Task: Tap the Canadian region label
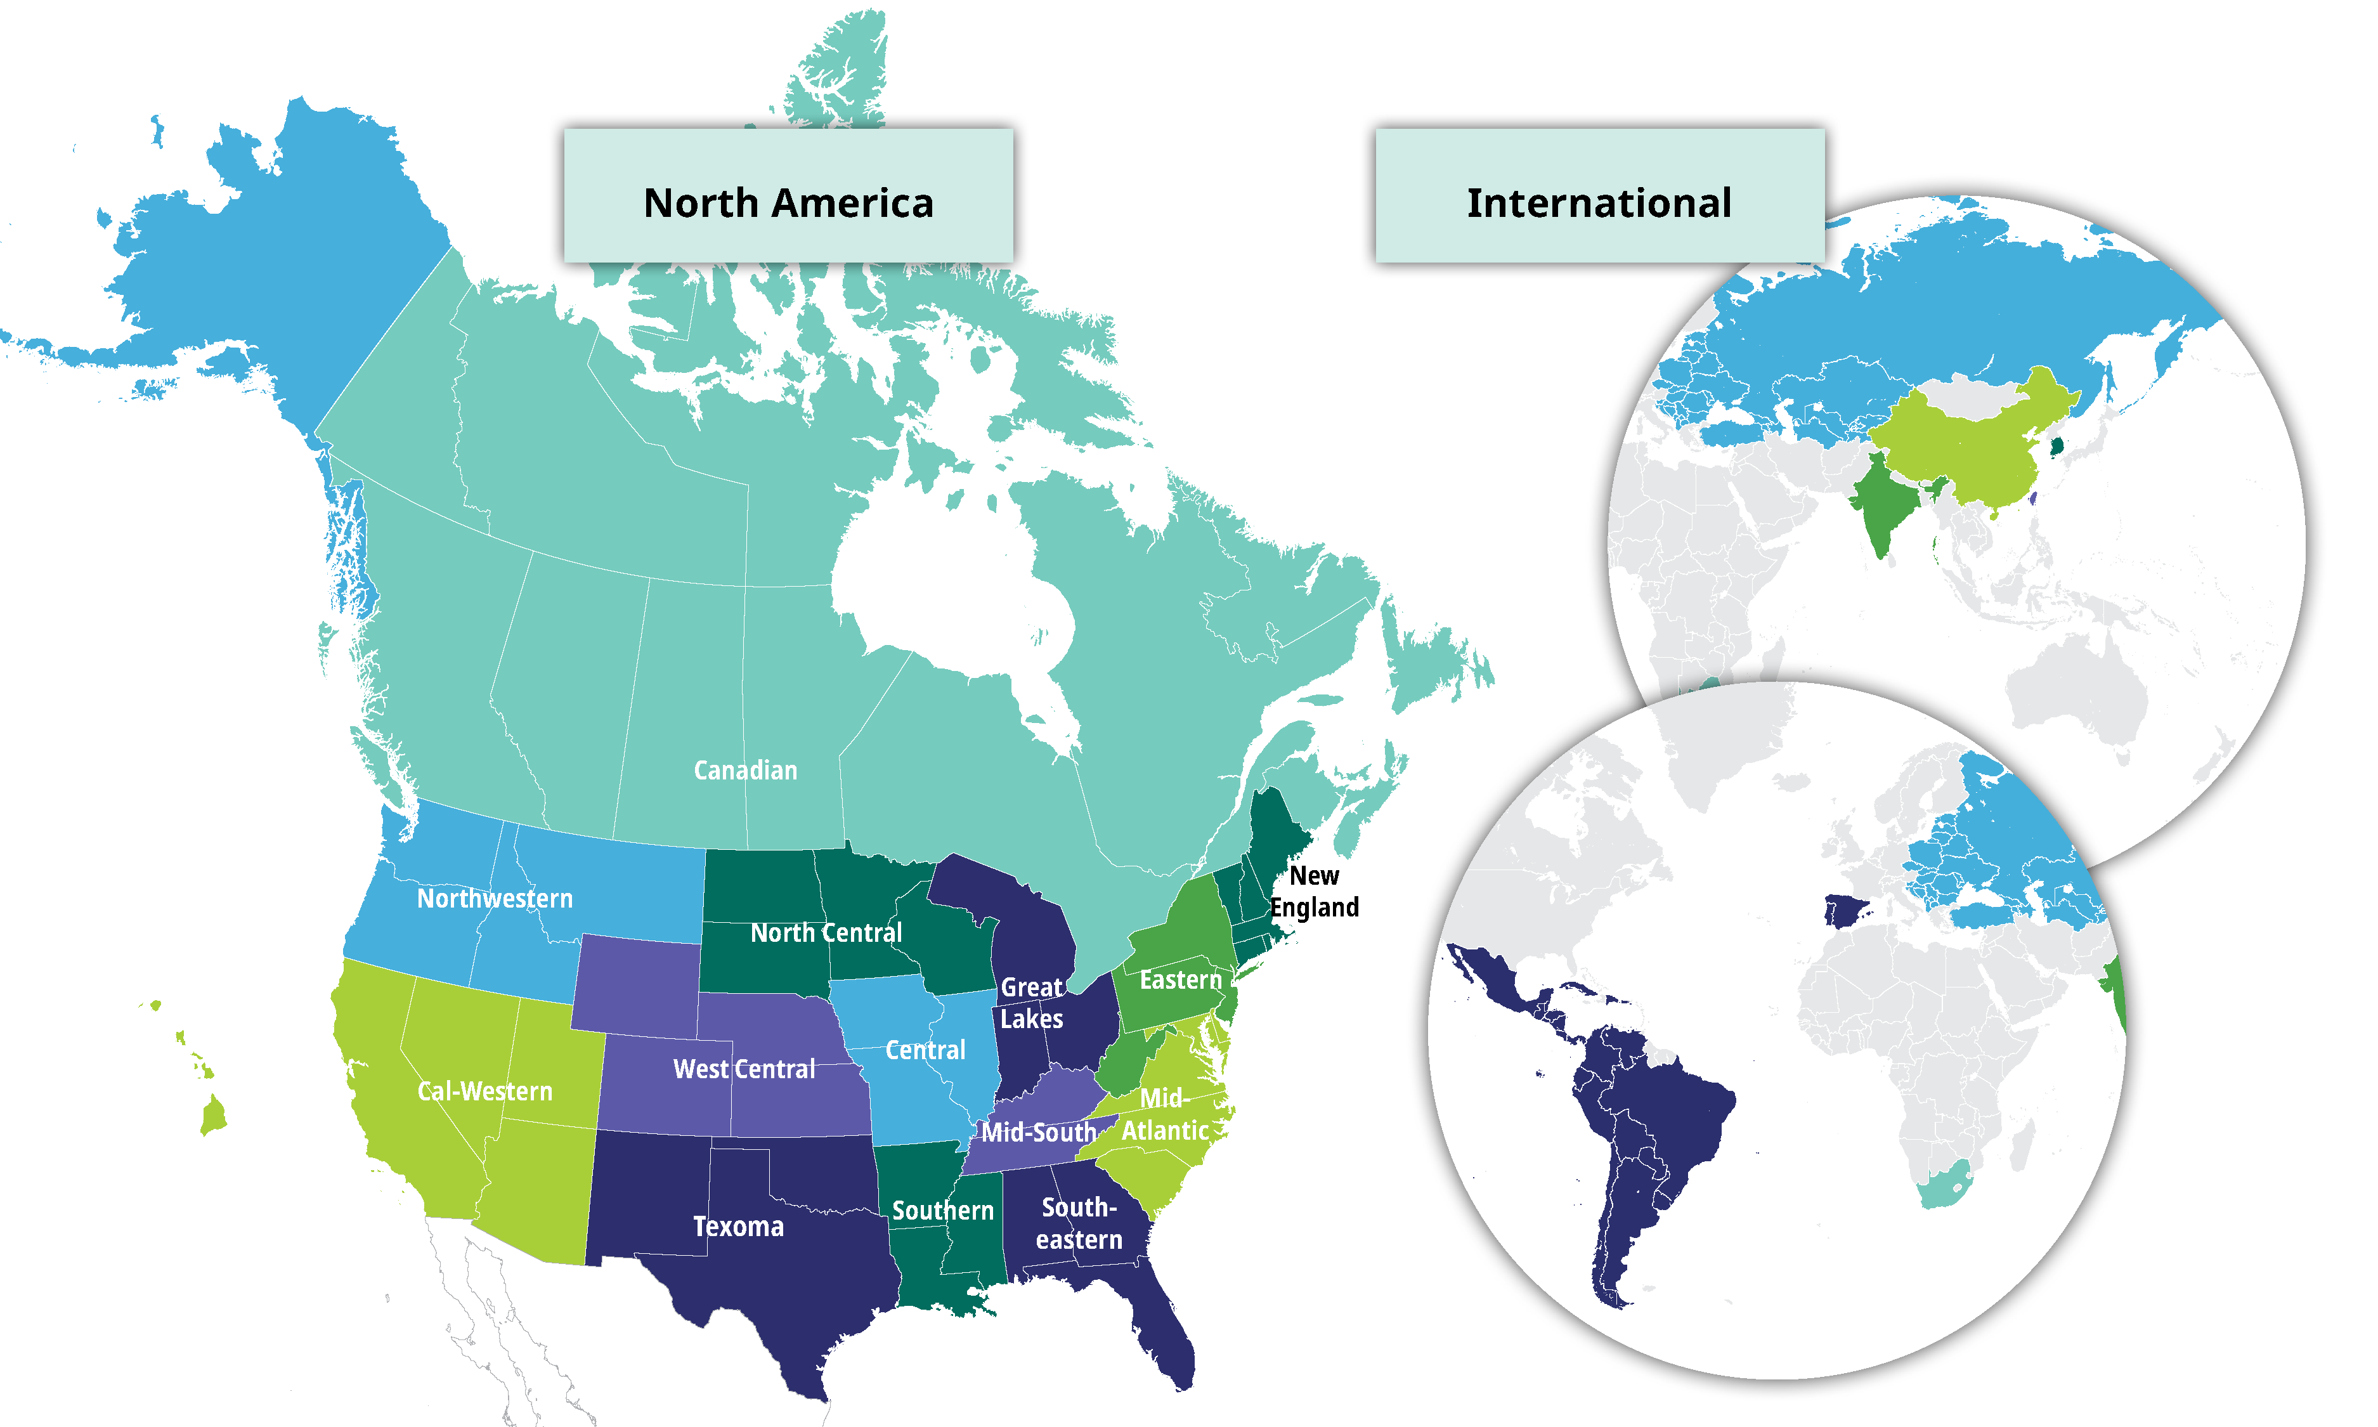point(745,770)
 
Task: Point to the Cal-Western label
point(484,1091)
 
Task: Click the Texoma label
point(738,1227)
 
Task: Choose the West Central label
point(743,1069)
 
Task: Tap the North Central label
point(826,933)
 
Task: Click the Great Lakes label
point(1031,1003)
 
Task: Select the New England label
point(1314,891)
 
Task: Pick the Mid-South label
point(1038,1133)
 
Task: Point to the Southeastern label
point(1079,1223)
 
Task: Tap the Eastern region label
point(1179,980)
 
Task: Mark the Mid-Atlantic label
point(1165,1114)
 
